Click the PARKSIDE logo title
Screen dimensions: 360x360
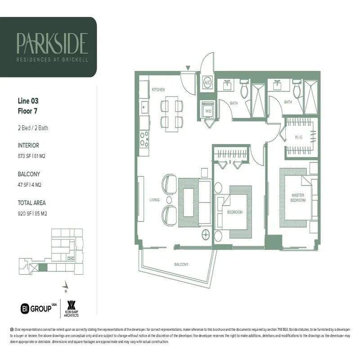(52, 43)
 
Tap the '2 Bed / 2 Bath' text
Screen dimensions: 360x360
(33, 128)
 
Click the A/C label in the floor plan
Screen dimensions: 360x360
(208, 83)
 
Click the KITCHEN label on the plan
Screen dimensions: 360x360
(158, 90)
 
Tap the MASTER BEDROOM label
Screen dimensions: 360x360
(297, 198)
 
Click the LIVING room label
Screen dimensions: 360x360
(154, 200)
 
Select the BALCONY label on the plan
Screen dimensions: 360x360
(181, 264)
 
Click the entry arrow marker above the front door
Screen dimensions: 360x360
(188, 68)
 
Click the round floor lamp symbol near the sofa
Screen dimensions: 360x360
(207, 234)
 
